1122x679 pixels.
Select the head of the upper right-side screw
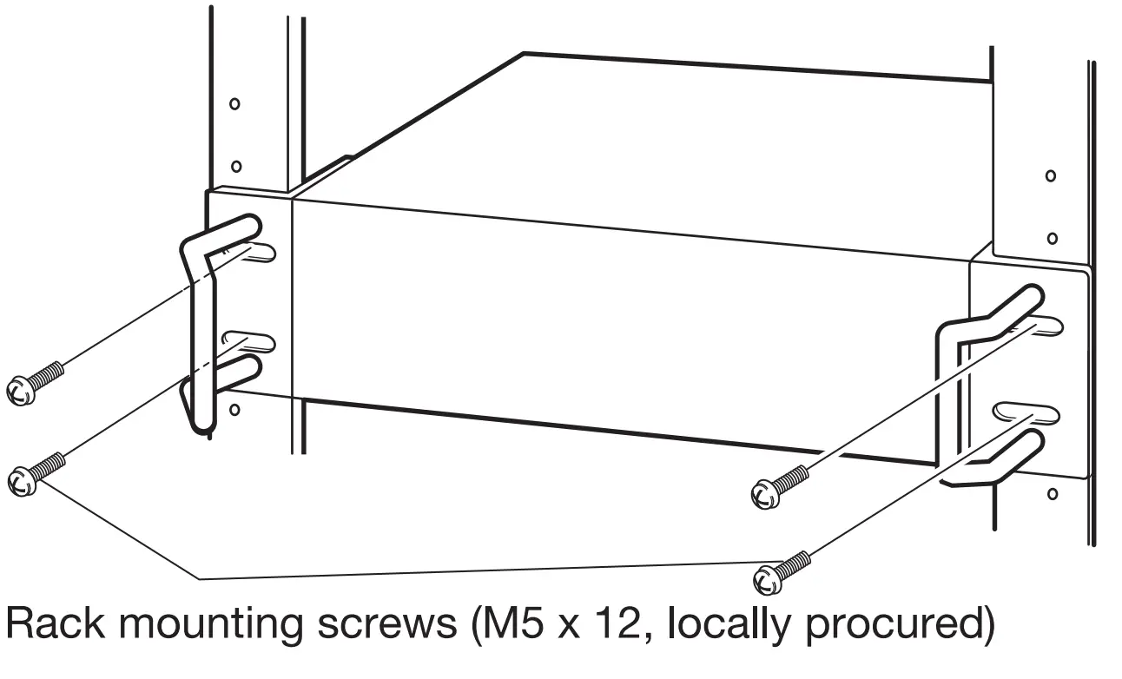coord(762,494)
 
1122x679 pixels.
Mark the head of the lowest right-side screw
coord(768,577)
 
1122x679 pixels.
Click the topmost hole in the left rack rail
coord(234,104)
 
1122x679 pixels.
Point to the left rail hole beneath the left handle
coord(234,408)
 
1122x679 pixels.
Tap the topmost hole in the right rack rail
coord(1051,176)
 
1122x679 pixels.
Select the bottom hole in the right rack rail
coord(1053,494)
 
